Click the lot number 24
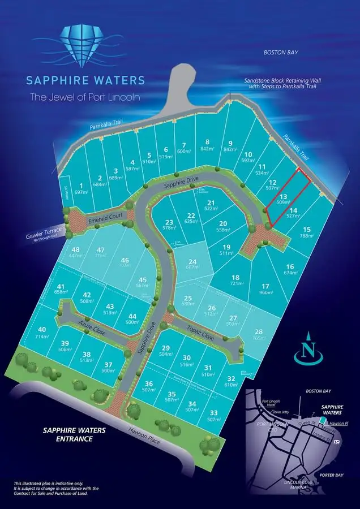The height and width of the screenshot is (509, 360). [192, 261]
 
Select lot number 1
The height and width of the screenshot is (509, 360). [81, 185]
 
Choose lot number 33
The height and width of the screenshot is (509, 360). [213, 413]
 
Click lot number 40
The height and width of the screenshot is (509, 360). [42, 329]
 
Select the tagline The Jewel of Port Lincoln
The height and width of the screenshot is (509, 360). [85, 97]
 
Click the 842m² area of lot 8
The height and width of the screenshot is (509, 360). [208, 149]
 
